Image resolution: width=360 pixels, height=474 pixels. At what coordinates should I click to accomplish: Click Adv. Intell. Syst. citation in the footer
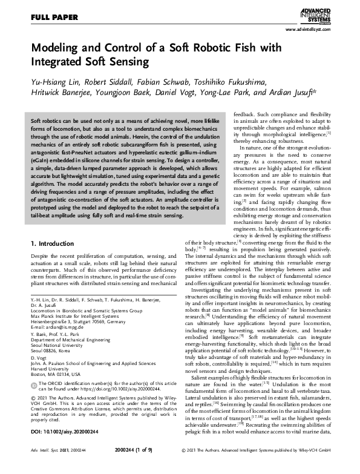40,469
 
